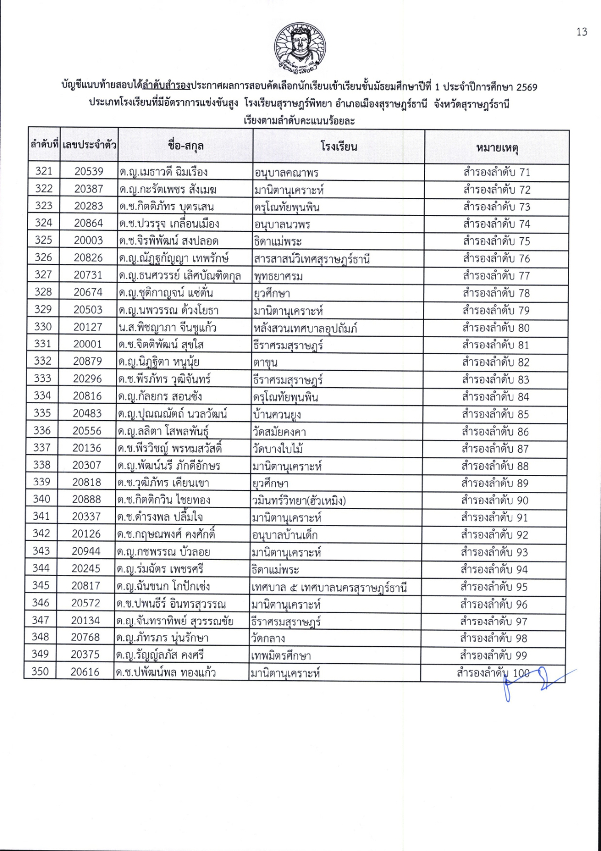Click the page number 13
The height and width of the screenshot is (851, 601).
pos(582,32)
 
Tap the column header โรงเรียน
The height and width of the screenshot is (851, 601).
pos(338,146)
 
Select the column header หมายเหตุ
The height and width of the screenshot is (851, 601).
pos(496,147)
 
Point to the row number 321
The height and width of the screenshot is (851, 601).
pos(44,171)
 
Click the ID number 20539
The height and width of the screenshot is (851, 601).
pos(89,171)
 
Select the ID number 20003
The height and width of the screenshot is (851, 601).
pos(88,240)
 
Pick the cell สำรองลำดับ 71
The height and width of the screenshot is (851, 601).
pos(496,172)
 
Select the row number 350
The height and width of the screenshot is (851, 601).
pos(40,672)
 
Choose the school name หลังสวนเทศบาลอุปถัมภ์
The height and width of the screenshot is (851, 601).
pos(306,328)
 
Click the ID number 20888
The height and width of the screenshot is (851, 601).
pos(87,499)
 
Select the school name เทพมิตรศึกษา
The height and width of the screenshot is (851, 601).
pos(281,656)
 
